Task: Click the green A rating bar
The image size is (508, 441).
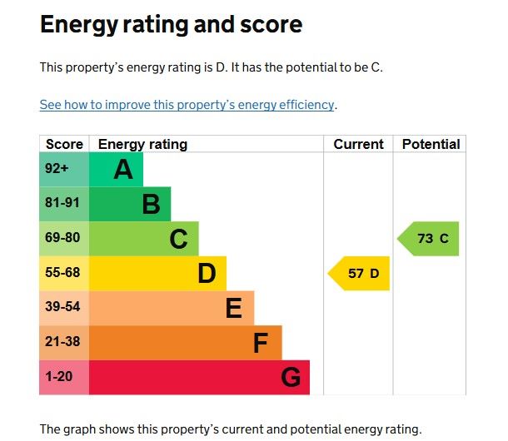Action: pyautogui.click(x=116, y=170)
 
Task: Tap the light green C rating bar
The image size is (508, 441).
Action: pyautogui.click(x=143, y=239)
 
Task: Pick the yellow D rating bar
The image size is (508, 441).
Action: pyautogui.click(x=157, y=274)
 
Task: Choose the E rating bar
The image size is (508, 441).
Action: pyautogui.click(x=171, y=309)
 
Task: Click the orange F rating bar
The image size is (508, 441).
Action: pyautogui.click(x=185, y=343)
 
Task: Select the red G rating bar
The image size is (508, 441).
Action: pyautogui.click(x=199, y=378)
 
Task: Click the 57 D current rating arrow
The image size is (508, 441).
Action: pyautogui.click(x=360, y=274)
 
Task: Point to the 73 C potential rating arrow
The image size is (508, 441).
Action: pyautogui.click(x=429, y=239)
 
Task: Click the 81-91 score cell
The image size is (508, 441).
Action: pyautogui.click(x=63, y=204)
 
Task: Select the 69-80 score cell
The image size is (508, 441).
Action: pyautogui.click(x=63, y=239)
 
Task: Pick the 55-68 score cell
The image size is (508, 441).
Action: pyautogui.click(x=63, y=274)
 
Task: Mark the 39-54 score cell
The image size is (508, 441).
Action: pyautogui.click(x=63, y=309)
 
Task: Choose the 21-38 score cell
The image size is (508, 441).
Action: pyautogui.click(x=63, y=343)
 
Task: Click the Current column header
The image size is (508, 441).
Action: pyautogui.click(x=358, y=144)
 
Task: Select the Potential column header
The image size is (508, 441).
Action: pyautogui.click(x=431, y=144)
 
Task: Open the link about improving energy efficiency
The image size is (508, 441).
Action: pyautogui.click(x=187, y=106)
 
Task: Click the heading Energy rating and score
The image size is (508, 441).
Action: pyautogui.click(x=171, y=25)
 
